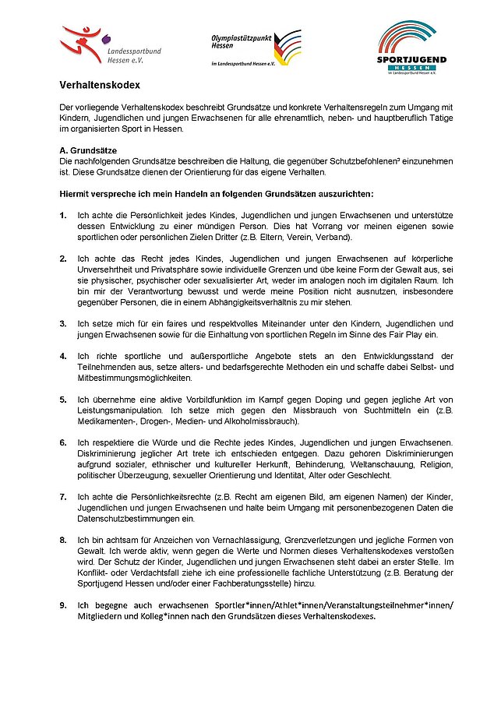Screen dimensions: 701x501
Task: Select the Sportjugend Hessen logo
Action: click(x=412, y=48)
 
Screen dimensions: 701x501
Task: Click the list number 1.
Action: click(x=63, y=215)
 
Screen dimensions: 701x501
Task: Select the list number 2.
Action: click(x=63, y=258)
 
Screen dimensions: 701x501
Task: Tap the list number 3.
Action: click(x=63, y=322)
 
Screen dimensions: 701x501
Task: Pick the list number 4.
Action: click(x=63, y=356)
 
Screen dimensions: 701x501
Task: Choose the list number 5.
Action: click(x=63, y=399)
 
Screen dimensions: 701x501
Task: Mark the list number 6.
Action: click(x=63, y=442)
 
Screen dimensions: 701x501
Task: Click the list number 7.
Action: click(x=63, y=496)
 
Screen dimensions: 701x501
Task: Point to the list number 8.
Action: click(x=63, y=539)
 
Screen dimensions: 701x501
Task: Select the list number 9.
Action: click(x=63, y=604)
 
